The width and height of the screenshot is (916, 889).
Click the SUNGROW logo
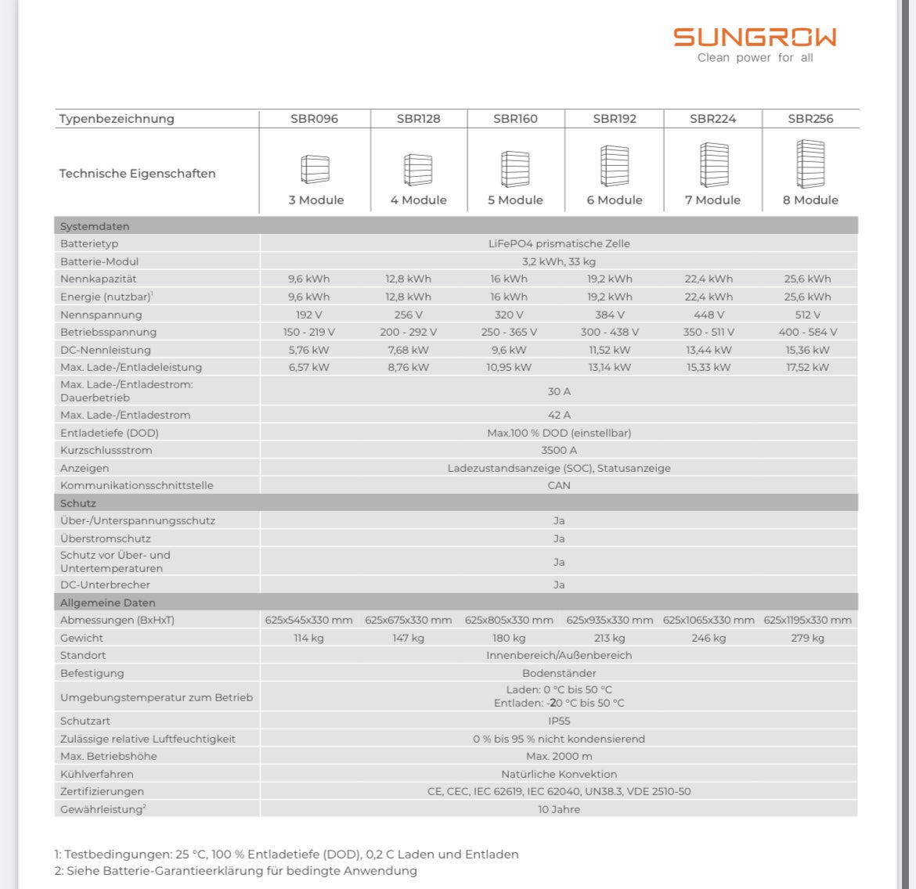coord(755,38)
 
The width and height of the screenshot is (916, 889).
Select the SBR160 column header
coord(515,119)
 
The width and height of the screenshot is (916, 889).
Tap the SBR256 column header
coord(810,119)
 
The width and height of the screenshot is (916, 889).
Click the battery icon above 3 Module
coord(315,169)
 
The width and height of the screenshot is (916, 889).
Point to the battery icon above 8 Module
coord(810,164)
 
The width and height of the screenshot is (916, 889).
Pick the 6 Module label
coord(615,200)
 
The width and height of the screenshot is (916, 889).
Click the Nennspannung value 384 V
coord(610,315)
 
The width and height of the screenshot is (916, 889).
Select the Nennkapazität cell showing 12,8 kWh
coord(408,279)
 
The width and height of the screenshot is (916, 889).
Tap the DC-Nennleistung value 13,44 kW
coord(709,350)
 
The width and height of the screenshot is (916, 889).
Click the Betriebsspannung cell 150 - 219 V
coord(308,332)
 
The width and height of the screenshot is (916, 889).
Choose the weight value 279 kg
coord(807,638)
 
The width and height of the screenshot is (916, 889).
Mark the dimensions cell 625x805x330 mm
coord(509,620)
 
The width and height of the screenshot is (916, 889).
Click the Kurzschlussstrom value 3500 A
coord(559,450)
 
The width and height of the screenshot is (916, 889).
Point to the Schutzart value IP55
coord(559,721)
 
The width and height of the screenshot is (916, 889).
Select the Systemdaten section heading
coord(95,226)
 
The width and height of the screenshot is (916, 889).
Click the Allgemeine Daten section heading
coord(108,603)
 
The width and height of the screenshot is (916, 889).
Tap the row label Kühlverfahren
coord(97,774)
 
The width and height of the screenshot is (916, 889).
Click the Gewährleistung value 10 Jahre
coord(559,809)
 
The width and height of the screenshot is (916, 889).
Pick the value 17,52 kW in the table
coord(807,367)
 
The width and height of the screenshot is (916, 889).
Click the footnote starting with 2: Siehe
coord(236,871)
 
